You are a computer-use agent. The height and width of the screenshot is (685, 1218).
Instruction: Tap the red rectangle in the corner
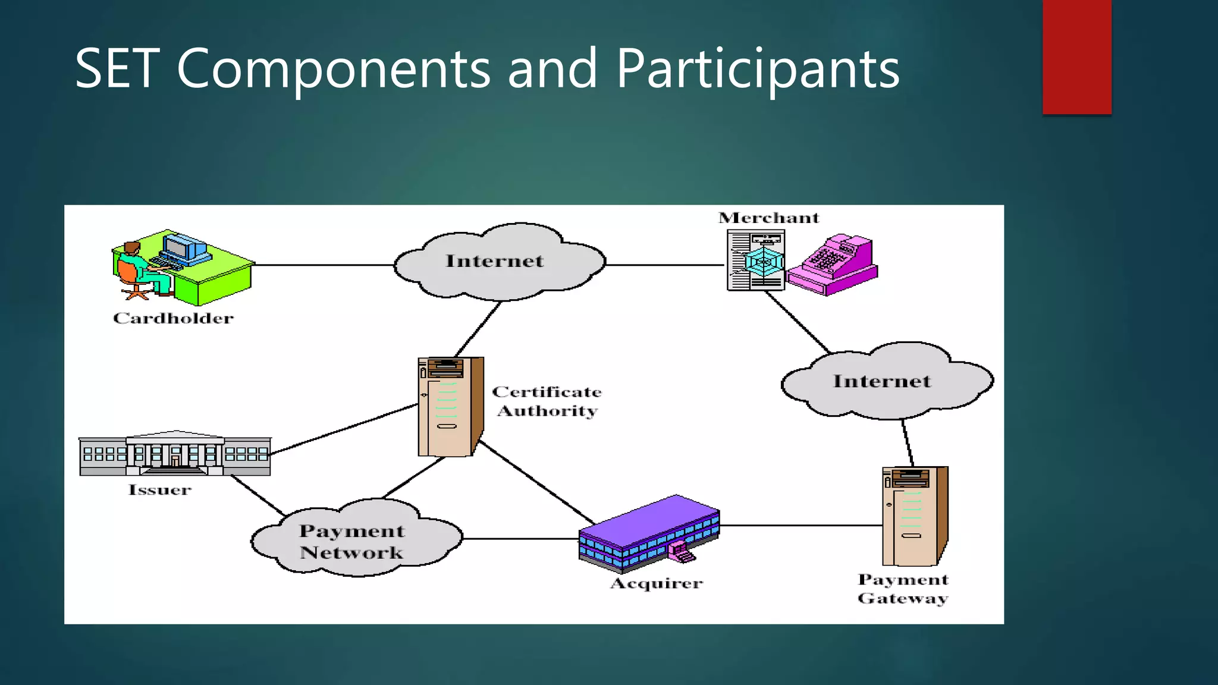[x=1076, y=57]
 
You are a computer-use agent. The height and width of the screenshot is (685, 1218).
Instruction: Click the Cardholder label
[x=173, y=318]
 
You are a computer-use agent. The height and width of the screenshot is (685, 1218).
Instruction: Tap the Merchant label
[x=768, y=218]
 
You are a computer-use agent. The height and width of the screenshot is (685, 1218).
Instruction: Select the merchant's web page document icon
[x=755, y=260]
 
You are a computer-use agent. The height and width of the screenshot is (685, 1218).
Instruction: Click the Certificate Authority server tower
[x=450, y=407]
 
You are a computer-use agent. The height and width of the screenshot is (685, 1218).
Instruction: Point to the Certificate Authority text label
[x=547, y=401]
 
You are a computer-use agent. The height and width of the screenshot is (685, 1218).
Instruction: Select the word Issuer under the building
[x=159, y=490]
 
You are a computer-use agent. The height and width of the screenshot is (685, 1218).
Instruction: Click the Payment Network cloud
[x=354, y=540]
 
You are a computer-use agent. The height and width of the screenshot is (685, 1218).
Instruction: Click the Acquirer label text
[x=657, y=583]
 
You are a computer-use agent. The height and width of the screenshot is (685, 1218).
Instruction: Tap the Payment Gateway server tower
[x=913, y=516]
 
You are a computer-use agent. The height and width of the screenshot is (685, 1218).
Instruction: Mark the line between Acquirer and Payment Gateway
[x=800, y=526]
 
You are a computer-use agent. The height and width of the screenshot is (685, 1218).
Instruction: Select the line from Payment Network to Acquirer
[x=520, y=539]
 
